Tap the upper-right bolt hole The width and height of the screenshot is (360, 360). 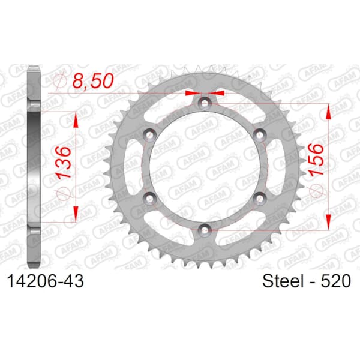(260, 134)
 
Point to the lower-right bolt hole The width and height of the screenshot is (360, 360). (260, 197)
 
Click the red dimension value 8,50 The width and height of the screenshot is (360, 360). (93, 81)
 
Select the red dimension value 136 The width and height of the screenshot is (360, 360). (64, 163)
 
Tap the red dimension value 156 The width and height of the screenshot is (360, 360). (316, 160)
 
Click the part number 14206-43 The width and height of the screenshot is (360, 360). (46, 281)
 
